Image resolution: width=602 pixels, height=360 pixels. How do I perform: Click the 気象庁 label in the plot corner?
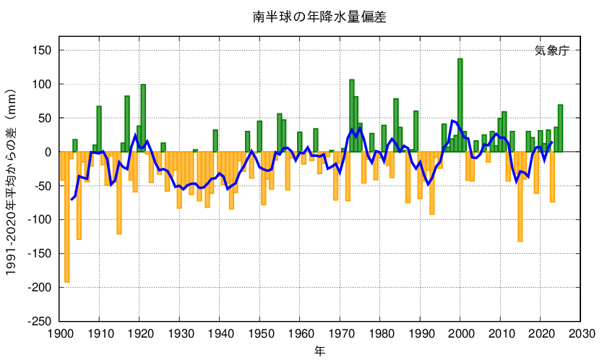click(552, 51)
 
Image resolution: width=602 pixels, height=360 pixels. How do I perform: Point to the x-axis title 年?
click(319, 351)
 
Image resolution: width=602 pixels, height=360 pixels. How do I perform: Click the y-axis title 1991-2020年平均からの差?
click(12, 186)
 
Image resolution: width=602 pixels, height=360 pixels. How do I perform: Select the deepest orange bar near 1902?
click(67, 217)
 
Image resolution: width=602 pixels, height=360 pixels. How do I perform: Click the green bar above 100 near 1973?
click(352, 116)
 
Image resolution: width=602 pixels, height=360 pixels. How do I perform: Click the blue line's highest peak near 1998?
click(452, 121)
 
